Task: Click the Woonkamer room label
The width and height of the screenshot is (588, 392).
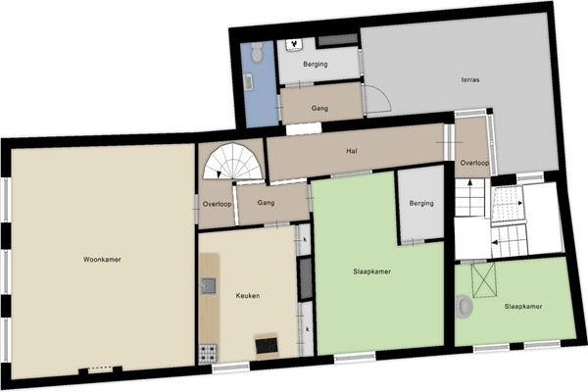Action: [x=102, y=260]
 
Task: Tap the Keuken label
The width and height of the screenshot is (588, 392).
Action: [x=248, y=296]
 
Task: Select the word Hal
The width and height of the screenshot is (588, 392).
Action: [x=352, y=151]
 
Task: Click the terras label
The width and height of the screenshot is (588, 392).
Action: [x=470, y=79]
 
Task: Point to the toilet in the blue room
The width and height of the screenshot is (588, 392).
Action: [x=257, y=52]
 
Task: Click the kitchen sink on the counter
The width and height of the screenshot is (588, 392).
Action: [x=209, y=286]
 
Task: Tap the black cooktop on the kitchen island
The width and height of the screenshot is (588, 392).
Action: [x=267, y=346]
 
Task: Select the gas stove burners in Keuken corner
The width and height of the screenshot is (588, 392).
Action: [x=208, y=353]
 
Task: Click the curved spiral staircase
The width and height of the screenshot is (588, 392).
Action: [x=233, y=162]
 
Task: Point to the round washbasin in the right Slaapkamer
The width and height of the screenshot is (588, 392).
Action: [x=464, y=307]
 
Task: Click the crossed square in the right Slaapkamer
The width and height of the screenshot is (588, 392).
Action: [x=484, y=280]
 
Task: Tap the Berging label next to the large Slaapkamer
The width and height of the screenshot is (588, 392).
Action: [x=421, y=203]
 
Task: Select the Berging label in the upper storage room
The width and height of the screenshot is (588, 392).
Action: [x=316, y=64]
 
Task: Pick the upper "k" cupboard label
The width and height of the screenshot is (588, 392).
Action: [x=305, y=239]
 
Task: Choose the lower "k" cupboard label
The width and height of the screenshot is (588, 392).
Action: [x=308, y=329]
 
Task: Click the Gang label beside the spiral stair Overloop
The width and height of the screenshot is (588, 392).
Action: [x=266, y=203]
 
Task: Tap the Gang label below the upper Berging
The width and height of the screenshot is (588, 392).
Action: [x=319, y=109]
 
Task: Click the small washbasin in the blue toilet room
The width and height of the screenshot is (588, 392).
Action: [x=248, y=81]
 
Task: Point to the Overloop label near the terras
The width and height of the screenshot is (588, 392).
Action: [x=474, y=163]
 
